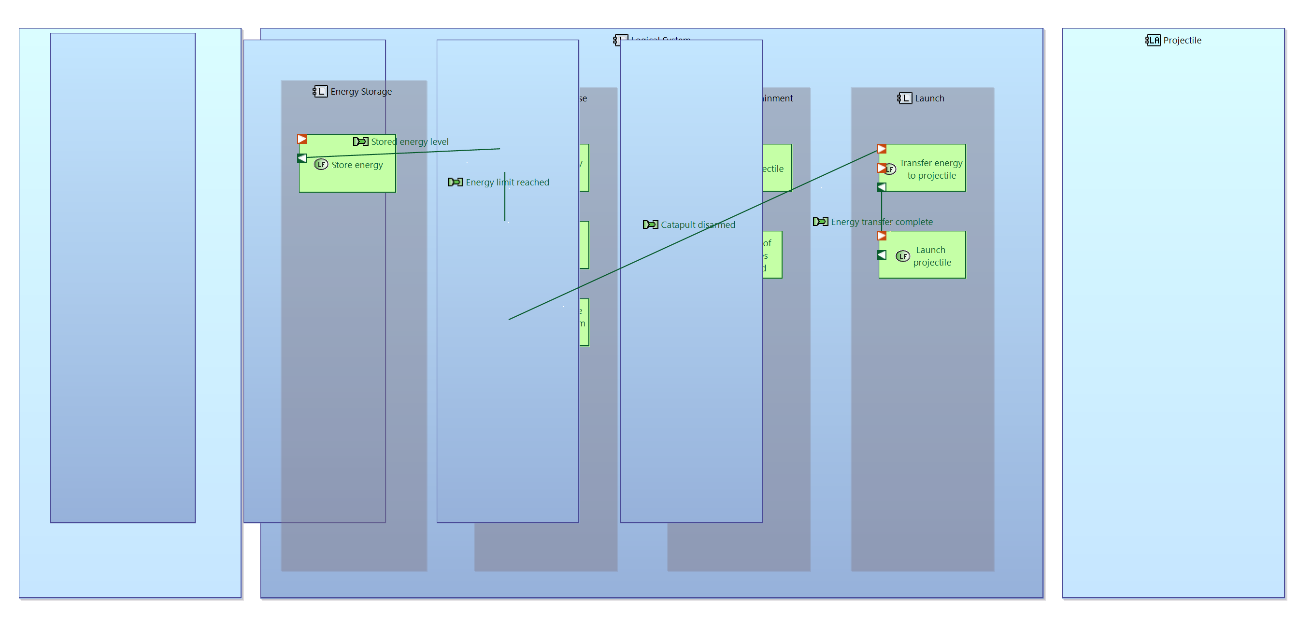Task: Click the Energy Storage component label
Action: (361, 92)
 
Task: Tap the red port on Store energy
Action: (302, 139)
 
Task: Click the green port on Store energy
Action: (302, 159)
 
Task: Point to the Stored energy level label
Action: (409, 142)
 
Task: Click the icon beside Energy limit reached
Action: (455, 183)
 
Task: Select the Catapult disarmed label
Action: (698, 225)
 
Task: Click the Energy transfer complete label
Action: (881, 222)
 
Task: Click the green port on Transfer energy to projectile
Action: (881, 187)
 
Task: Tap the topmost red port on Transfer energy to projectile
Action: (881, 149)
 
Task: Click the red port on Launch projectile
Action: (881, 236)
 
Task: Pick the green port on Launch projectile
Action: (881, 255)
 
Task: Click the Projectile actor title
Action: (1182, 41)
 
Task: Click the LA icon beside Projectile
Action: (1153, 40)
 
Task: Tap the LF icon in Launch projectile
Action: (902, 256)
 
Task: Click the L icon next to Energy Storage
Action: (320, 92)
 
